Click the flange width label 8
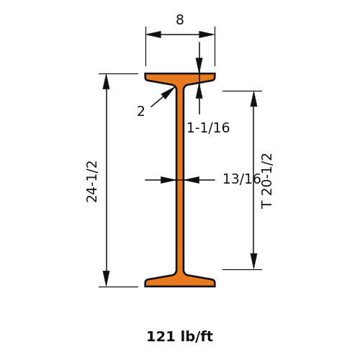coord(180,19)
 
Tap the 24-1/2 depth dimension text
coord(92,181)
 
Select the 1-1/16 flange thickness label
coord(208,127)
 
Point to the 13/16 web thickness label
coord(241,179)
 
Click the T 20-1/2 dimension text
coord(266,181)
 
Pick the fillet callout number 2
coord(141,112)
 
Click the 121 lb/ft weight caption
coord(180,336)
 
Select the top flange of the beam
coord(180,78)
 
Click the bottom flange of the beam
coord(180,282)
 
